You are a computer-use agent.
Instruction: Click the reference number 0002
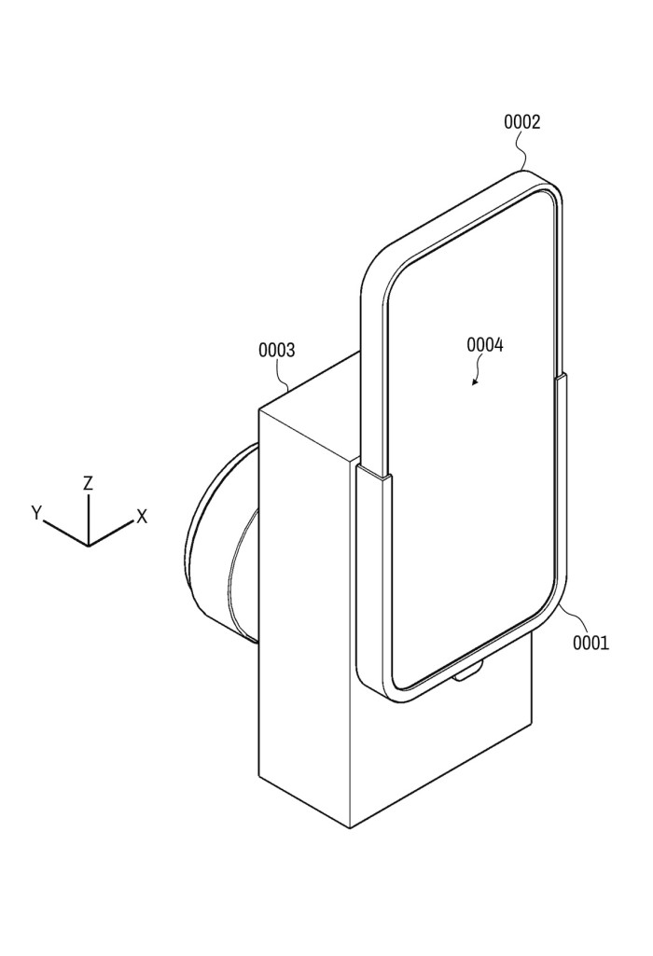click(x=521, y=122)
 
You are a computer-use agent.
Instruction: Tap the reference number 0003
click(x=276, y=350)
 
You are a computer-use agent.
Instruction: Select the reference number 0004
click(x=485, y=345)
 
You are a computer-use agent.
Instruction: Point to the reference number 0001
click(x=590, y=642)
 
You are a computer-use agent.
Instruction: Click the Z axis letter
click(x=89, y=483)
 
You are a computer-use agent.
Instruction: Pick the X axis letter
click(x=142, y=517)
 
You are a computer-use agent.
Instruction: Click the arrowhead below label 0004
click(x=474, y=383)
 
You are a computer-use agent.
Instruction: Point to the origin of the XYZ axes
click(x=89, y=545)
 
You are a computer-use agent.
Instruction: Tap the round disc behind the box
click(x=219, y=543)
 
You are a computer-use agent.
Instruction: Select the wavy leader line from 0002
click(x=521, y=150)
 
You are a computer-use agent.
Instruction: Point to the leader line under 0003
click(x=284, y=373)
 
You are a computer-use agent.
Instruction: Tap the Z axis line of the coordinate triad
click(x=89, y=519)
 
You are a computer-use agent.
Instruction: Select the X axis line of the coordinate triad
click(x=111, y=533)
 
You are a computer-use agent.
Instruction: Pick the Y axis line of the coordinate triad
click(x=66, y=533)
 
